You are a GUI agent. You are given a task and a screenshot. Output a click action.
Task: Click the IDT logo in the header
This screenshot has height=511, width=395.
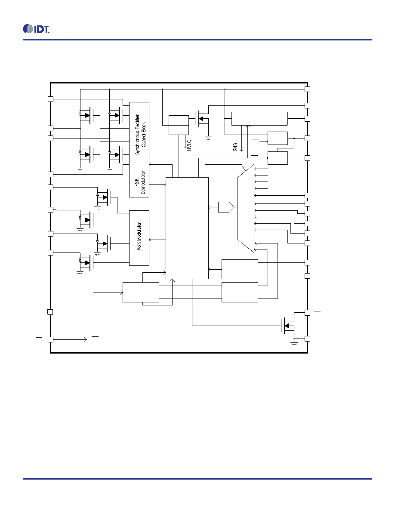tap(36, 29)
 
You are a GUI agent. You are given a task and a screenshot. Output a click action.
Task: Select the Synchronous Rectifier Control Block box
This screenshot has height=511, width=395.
tap(139, 135)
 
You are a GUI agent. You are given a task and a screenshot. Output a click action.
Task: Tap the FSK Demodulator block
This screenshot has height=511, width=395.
tap(139, 182)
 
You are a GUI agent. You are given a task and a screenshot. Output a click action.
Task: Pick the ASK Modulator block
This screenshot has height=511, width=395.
tap(139, 238)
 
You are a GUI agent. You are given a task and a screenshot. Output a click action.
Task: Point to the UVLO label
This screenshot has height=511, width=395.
tap(189, 145)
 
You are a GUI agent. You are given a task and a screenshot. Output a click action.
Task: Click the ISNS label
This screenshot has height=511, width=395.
tap(235, 148)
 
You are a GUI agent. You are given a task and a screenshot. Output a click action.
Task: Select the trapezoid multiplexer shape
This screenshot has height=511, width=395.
tap(246, 209)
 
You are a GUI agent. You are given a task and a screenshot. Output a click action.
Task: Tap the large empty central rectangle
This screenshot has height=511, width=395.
tap(187, 228)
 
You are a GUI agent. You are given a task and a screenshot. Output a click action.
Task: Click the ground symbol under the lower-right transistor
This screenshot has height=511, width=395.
tap(294, 344)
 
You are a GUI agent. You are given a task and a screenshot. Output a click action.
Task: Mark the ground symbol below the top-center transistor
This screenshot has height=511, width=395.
tap(208, 138)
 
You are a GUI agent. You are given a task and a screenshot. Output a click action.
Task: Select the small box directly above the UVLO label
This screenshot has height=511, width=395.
tap(179, 125)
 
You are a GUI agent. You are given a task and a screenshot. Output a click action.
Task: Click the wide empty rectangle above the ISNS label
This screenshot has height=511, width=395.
tap(259, 119)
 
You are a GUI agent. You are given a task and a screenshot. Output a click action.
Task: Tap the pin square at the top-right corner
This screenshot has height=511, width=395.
tap(307, 89)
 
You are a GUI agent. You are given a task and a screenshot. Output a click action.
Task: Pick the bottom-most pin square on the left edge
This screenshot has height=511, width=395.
tap(50, 339)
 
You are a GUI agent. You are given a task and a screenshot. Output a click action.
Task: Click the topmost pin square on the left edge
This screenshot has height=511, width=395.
tap(50, 99)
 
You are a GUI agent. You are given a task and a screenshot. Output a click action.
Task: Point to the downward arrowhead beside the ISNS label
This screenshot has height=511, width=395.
tap(241, 150)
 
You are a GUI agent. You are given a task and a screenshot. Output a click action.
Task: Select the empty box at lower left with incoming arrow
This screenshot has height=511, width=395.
tap(141, 292)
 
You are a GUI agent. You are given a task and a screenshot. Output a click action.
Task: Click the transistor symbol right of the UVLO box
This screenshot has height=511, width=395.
tap(201, 119)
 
